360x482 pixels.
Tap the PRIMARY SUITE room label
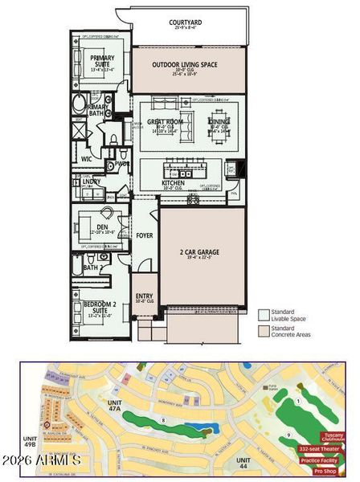tap(102, 58)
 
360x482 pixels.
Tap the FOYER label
tap(144, 235)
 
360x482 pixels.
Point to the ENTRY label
tap(144, 296)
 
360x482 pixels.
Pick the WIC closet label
tap(86, 159)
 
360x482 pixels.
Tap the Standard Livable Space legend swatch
tap(263, 313)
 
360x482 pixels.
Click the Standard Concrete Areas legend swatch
tap(263, 329)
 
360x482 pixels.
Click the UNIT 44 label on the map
tap(242, 462)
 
